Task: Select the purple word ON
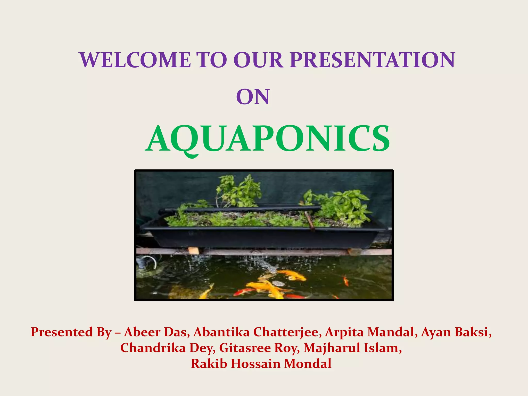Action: [253, 97]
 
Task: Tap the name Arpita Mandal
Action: [369, 332]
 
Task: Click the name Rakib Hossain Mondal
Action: [261, 364]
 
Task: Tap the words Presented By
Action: [71, 332]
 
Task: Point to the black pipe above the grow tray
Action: [240, 209]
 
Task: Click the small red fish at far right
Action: [346, 280]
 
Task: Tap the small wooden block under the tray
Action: [193, 250]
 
